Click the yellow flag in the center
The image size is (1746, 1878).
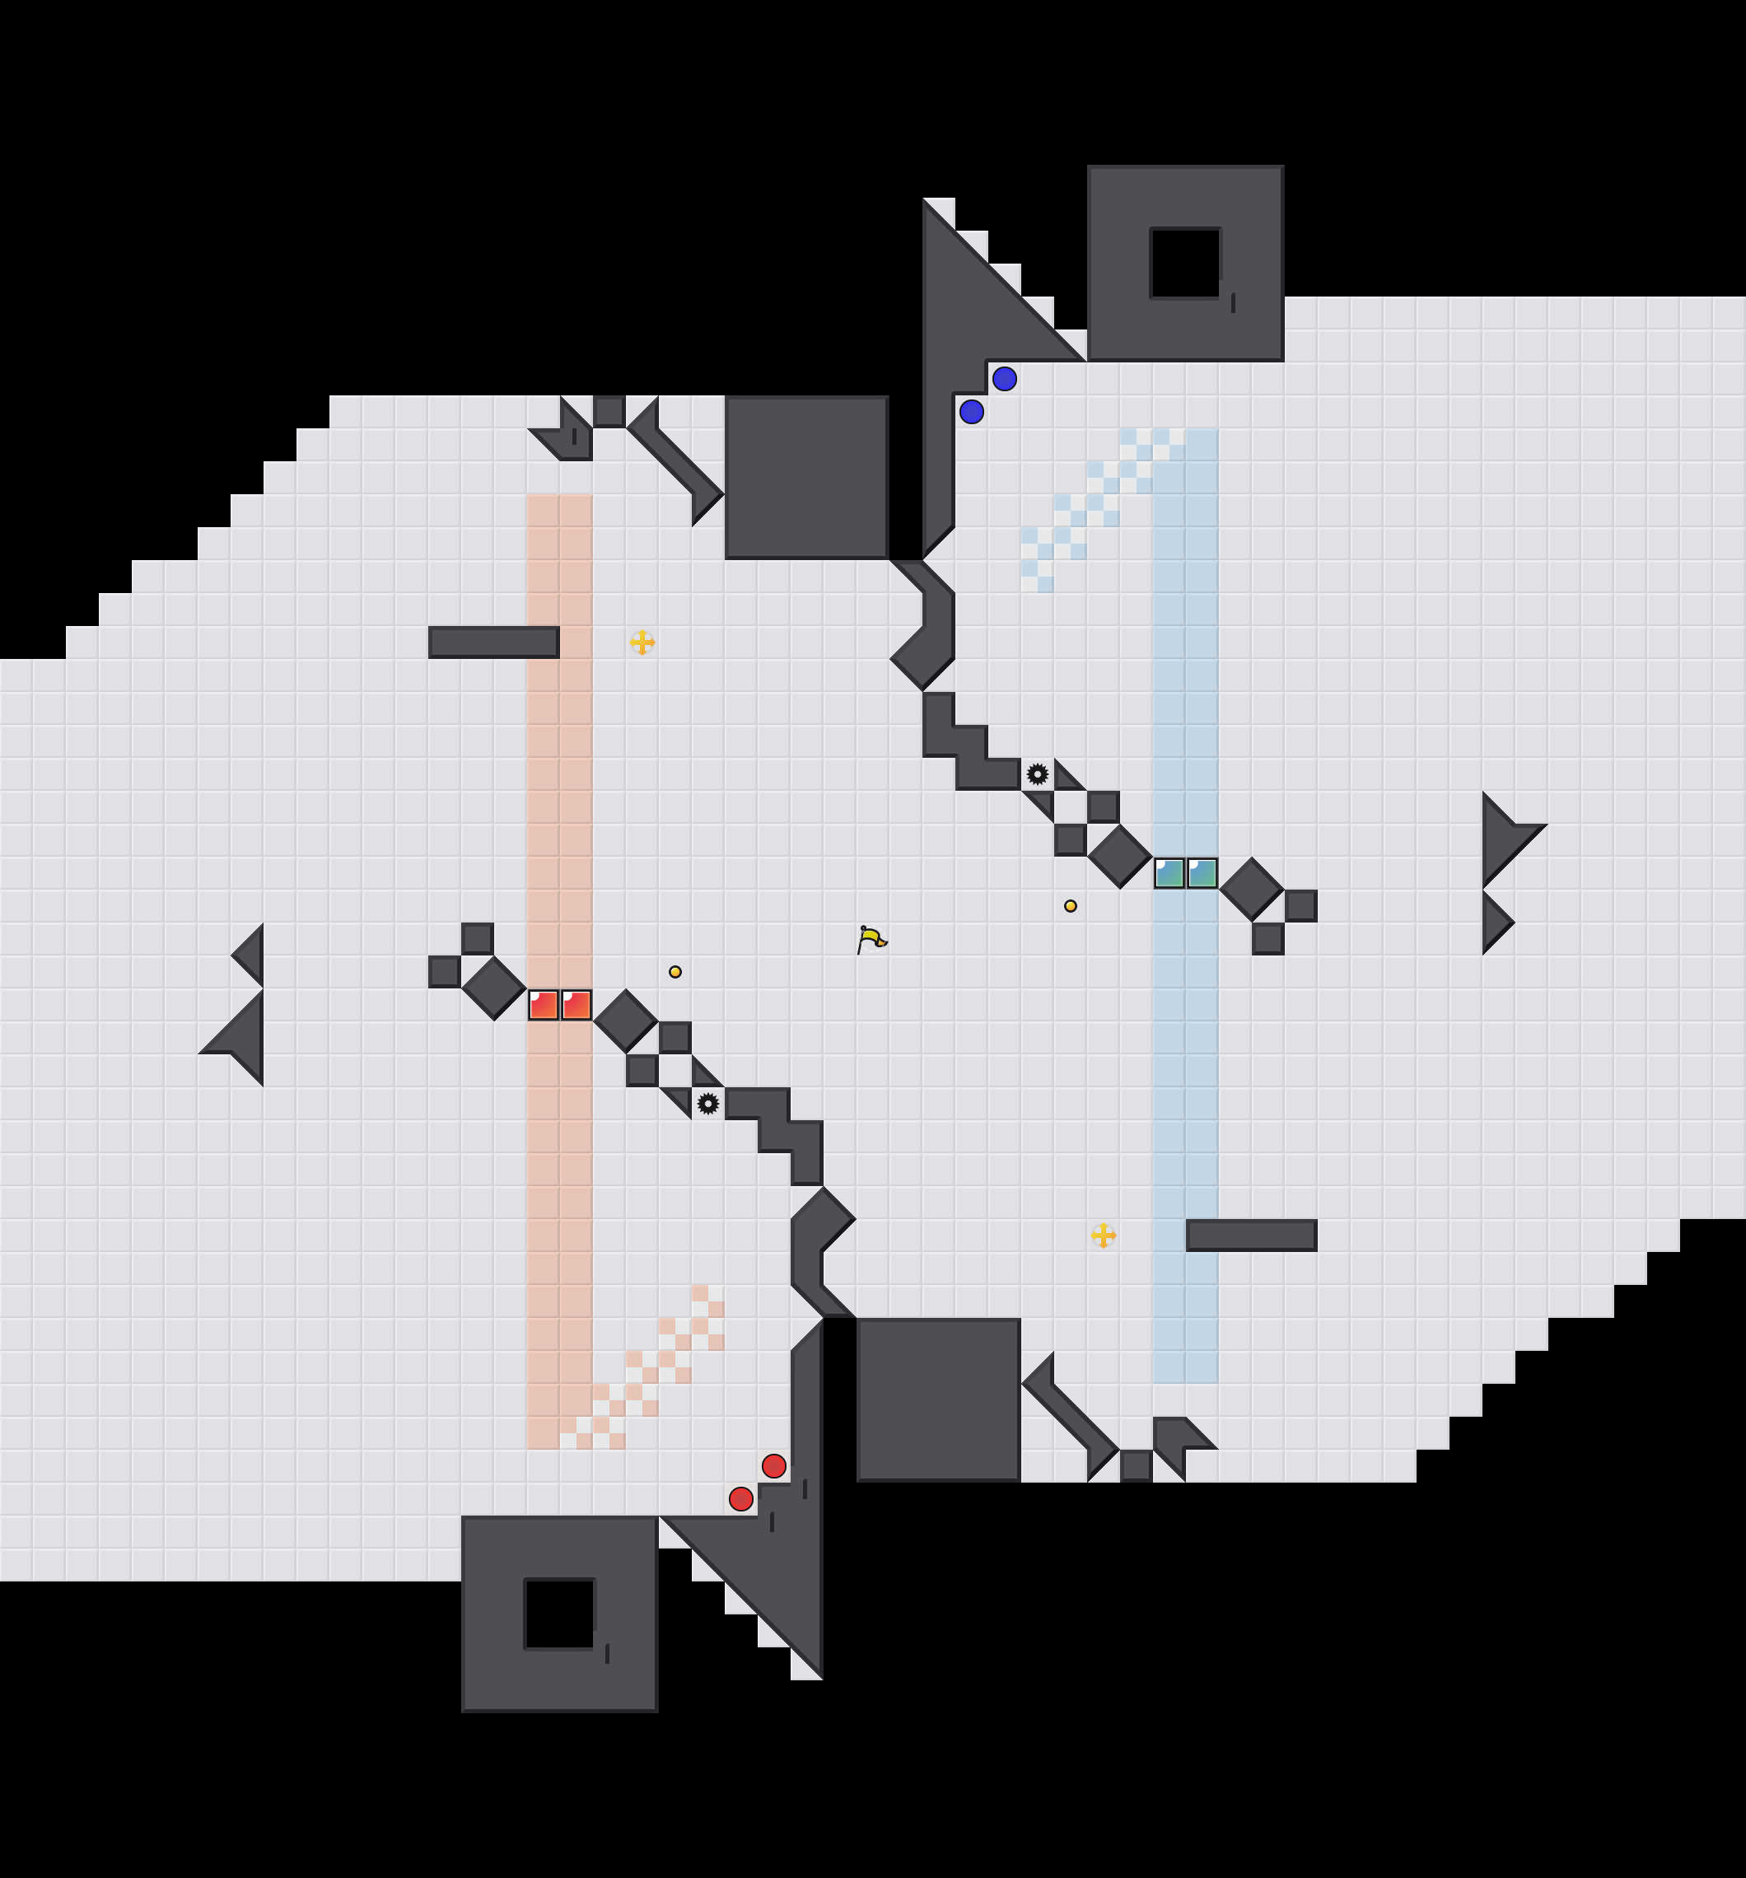point(871,939)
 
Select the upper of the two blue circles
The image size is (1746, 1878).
point(1004,379)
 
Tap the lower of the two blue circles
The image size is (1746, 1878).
point(971,412)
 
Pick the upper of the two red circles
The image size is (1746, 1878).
point(774,1466)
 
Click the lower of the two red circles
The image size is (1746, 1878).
point(740,1499)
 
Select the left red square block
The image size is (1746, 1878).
point(544,1005)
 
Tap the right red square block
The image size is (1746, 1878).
point(577,1005)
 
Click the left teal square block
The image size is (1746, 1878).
point(1169,873)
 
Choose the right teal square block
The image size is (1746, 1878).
point(1202,873)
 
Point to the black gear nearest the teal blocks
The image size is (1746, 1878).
point(1038,774)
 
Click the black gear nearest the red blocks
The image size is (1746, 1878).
point(707,1104)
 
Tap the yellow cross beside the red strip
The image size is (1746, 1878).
point(642,642)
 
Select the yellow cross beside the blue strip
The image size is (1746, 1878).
point(1103,1236)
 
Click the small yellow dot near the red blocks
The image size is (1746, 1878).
point(675,972)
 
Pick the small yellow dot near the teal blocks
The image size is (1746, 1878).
point(1071,906)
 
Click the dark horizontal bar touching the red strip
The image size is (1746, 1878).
point(493,642)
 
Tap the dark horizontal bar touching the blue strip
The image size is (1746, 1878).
point(1251,1236)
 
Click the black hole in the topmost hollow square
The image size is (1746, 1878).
point(1185,263)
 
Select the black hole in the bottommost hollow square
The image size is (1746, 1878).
point(559,1614)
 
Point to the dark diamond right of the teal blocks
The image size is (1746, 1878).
point(1251,889)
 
